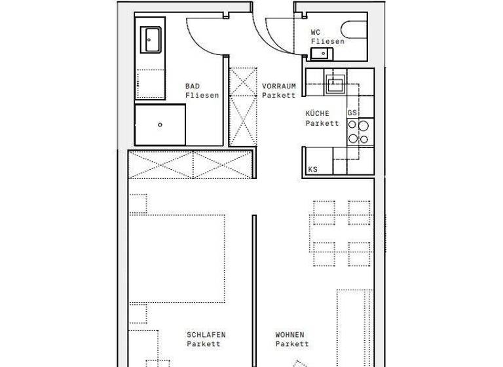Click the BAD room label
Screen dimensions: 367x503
coord(193,87)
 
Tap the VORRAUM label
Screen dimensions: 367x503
coord(279,87)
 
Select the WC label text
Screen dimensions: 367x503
coord(316,31)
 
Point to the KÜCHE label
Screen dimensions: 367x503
coord(318,113)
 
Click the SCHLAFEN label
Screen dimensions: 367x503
coord(206,335)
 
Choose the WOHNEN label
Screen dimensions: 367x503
coord(289,335)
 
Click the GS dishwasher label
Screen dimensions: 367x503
coord(352,113)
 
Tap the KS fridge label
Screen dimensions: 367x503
coord(313,169)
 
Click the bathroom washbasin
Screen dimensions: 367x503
coord(151,39)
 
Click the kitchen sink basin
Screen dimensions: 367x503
coord(335,83)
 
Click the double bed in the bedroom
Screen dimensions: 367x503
coord(177,258)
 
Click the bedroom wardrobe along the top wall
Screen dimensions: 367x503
coord(191,164)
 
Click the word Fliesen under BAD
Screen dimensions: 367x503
coord(202,96)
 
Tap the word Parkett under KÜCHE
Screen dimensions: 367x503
coord(322,123)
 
